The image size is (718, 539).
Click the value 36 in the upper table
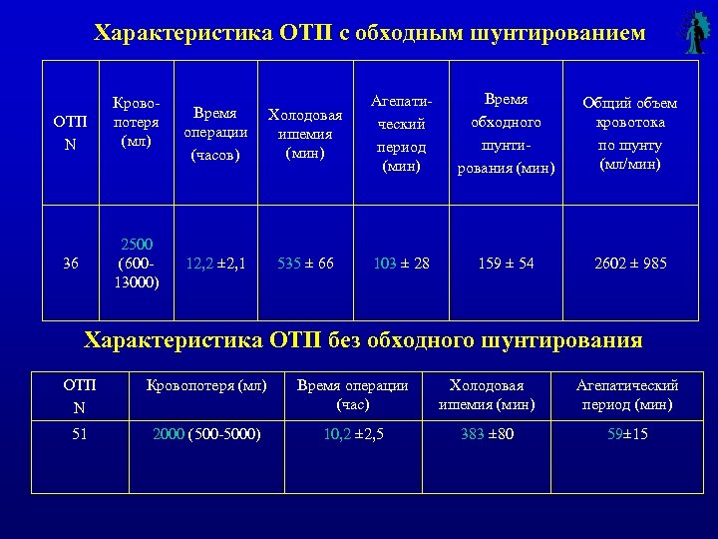(70, 264)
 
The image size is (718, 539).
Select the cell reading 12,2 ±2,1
(215, 264)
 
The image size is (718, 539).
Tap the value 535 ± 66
(306, 264)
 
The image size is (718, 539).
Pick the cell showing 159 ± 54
(506, 264)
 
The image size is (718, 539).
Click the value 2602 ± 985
(630, 264)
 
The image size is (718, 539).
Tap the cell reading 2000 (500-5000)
(206, 433)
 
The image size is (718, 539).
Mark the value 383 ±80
(487, 433)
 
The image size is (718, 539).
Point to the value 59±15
(628, 433)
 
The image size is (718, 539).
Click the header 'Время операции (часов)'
(215, 134)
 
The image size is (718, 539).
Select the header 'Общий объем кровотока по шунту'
(630, 134)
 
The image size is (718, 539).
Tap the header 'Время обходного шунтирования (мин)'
(506, 134)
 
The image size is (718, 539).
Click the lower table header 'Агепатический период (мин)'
(628, 395)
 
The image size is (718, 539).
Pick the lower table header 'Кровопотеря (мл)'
(206, 386)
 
